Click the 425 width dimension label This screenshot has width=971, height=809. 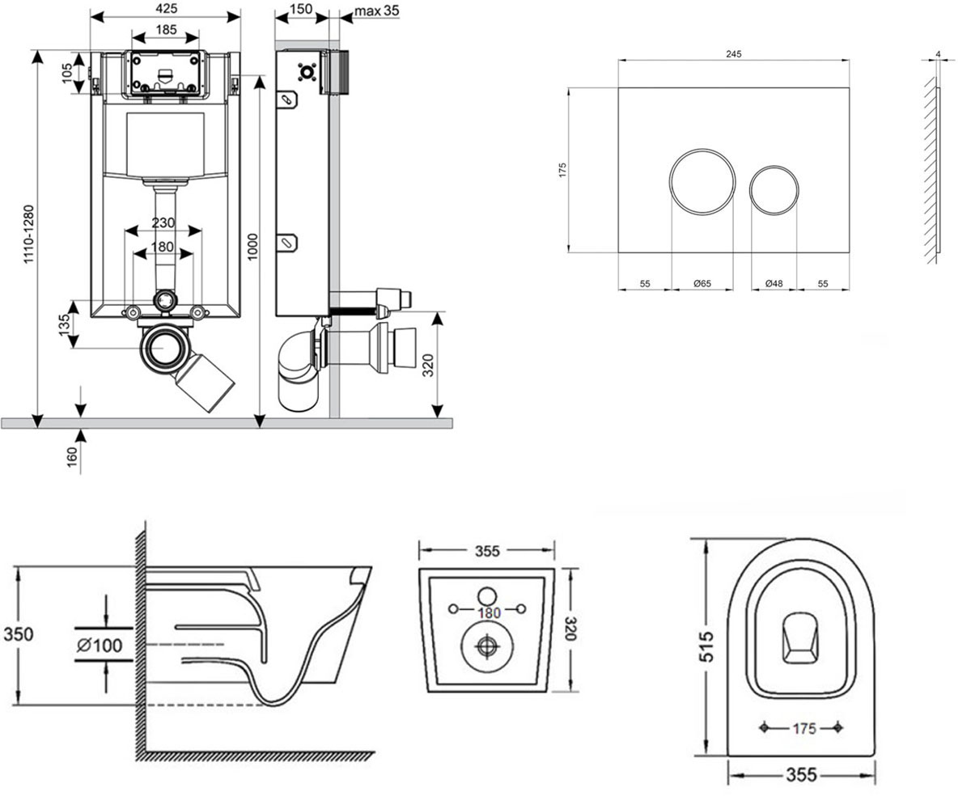(x=167, y=8)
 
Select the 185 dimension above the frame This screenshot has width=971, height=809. (x=166, y=30)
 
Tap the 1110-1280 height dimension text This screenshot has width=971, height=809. (x=29, y=235)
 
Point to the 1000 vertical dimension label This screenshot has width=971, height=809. (x=252, y=247)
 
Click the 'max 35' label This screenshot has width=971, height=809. (x=377, y=11)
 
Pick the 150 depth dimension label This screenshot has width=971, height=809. (x=301, y=9)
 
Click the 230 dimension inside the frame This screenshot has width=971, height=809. (x=163, y=222)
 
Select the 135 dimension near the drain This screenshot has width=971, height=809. (x=65, y=324)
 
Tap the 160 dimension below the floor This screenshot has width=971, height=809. (x=72, y=457)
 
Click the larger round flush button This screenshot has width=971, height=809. (x=702, y=182)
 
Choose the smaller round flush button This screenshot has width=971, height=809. (x=774, y=189)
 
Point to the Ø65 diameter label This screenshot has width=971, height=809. (x=702, y=283)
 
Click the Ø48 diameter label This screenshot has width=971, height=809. (x=774, y=283)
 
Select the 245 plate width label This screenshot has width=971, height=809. (x=734, y=54)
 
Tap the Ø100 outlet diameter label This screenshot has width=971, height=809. (x=100, y=646)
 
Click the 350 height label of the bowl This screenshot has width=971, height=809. (x=19, y=634)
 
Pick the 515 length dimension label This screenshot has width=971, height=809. (x=706, y=646)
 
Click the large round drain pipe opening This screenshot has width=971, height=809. (x=164, y=348)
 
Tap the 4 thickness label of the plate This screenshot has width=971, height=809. (x=938, y=54)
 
